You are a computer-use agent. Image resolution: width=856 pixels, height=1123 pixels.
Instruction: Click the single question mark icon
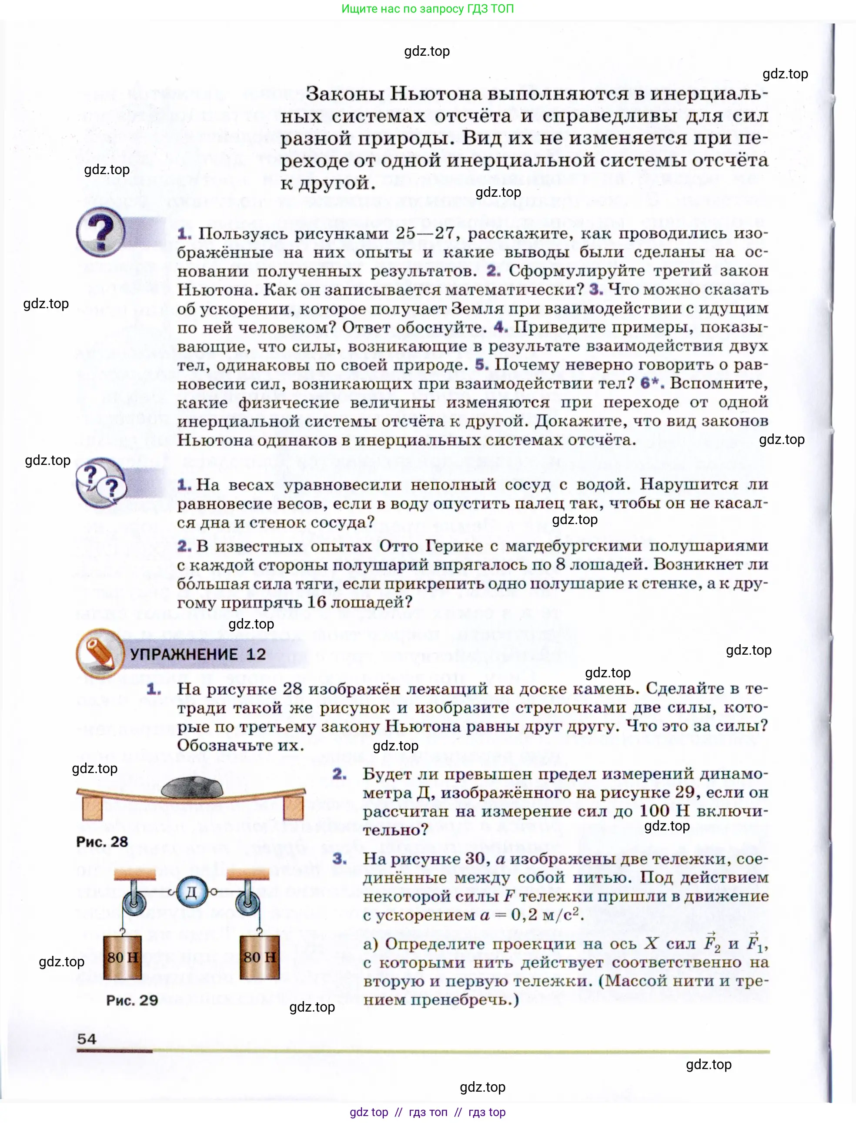click(101, 232)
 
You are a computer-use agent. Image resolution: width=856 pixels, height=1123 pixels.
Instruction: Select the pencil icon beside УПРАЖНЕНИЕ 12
click(100, 653)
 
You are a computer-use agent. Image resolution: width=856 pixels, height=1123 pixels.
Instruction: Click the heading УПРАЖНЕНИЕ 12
click(198, 655)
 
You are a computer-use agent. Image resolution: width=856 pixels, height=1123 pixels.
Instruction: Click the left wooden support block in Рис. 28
click(92, 808)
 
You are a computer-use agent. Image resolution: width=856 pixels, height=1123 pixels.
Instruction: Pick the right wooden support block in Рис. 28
click(294, 808)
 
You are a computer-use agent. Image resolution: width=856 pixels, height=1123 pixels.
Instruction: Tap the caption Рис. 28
click(102, 842)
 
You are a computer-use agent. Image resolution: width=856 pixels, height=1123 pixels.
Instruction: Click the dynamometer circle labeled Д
click(191, 891)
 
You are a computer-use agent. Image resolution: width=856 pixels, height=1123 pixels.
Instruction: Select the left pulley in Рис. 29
click(134, 904)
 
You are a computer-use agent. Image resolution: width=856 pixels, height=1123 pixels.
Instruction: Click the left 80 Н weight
click(122, 957)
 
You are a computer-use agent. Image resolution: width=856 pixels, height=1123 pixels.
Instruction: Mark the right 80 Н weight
click(259, 957)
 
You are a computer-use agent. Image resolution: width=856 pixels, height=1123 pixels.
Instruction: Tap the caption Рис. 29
click(132, 1000)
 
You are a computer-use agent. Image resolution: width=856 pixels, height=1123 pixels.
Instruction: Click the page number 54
click(87, 1039)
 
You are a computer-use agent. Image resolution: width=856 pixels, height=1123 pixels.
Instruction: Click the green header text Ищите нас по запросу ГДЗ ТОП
click(428, 9)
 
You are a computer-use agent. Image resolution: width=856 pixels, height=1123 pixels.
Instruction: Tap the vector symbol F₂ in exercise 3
click(712, 943)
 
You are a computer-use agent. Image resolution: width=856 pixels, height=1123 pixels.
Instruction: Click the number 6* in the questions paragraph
click(652, 383)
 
